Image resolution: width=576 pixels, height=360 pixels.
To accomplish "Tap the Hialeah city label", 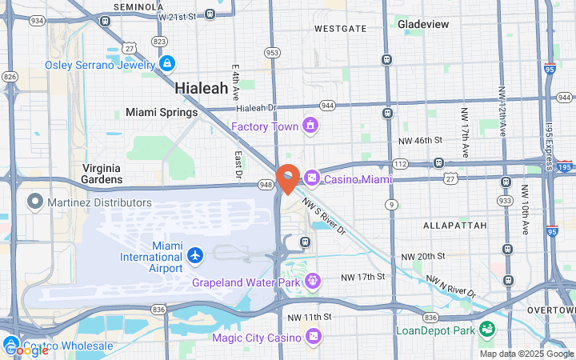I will [x=201, y=88].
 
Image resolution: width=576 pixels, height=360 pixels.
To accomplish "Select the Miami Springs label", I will [x=161, y=113].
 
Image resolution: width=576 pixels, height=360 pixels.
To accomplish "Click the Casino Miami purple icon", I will [x=310, y=178].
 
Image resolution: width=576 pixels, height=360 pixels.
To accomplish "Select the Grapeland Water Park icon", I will [x=312, y=282].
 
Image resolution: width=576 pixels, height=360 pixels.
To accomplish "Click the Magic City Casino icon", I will [x=313, y=337].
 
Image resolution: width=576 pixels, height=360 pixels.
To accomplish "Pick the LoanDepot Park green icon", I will [x=486, y=330].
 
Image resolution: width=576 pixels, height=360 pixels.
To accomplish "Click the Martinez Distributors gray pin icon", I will [x=34, y=200].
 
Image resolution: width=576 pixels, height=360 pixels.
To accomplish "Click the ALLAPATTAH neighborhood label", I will [x=454, y=226].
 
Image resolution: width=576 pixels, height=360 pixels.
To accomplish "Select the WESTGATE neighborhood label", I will [x=340, y=29].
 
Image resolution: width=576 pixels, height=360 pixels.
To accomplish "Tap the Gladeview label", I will [x=422, y=24].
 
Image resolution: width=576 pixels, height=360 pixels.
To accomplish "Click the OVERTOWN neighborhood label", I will [x=551, y=310].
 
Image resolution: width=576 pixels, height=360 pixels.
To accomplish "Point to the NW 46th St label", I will [x=420, y=140].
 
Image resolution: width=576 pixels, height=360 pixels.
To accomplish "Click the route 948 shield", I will [x=266, y=185].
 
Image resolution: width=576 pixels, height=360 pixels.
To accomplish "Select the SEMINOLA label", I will [x=138, y=6].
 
